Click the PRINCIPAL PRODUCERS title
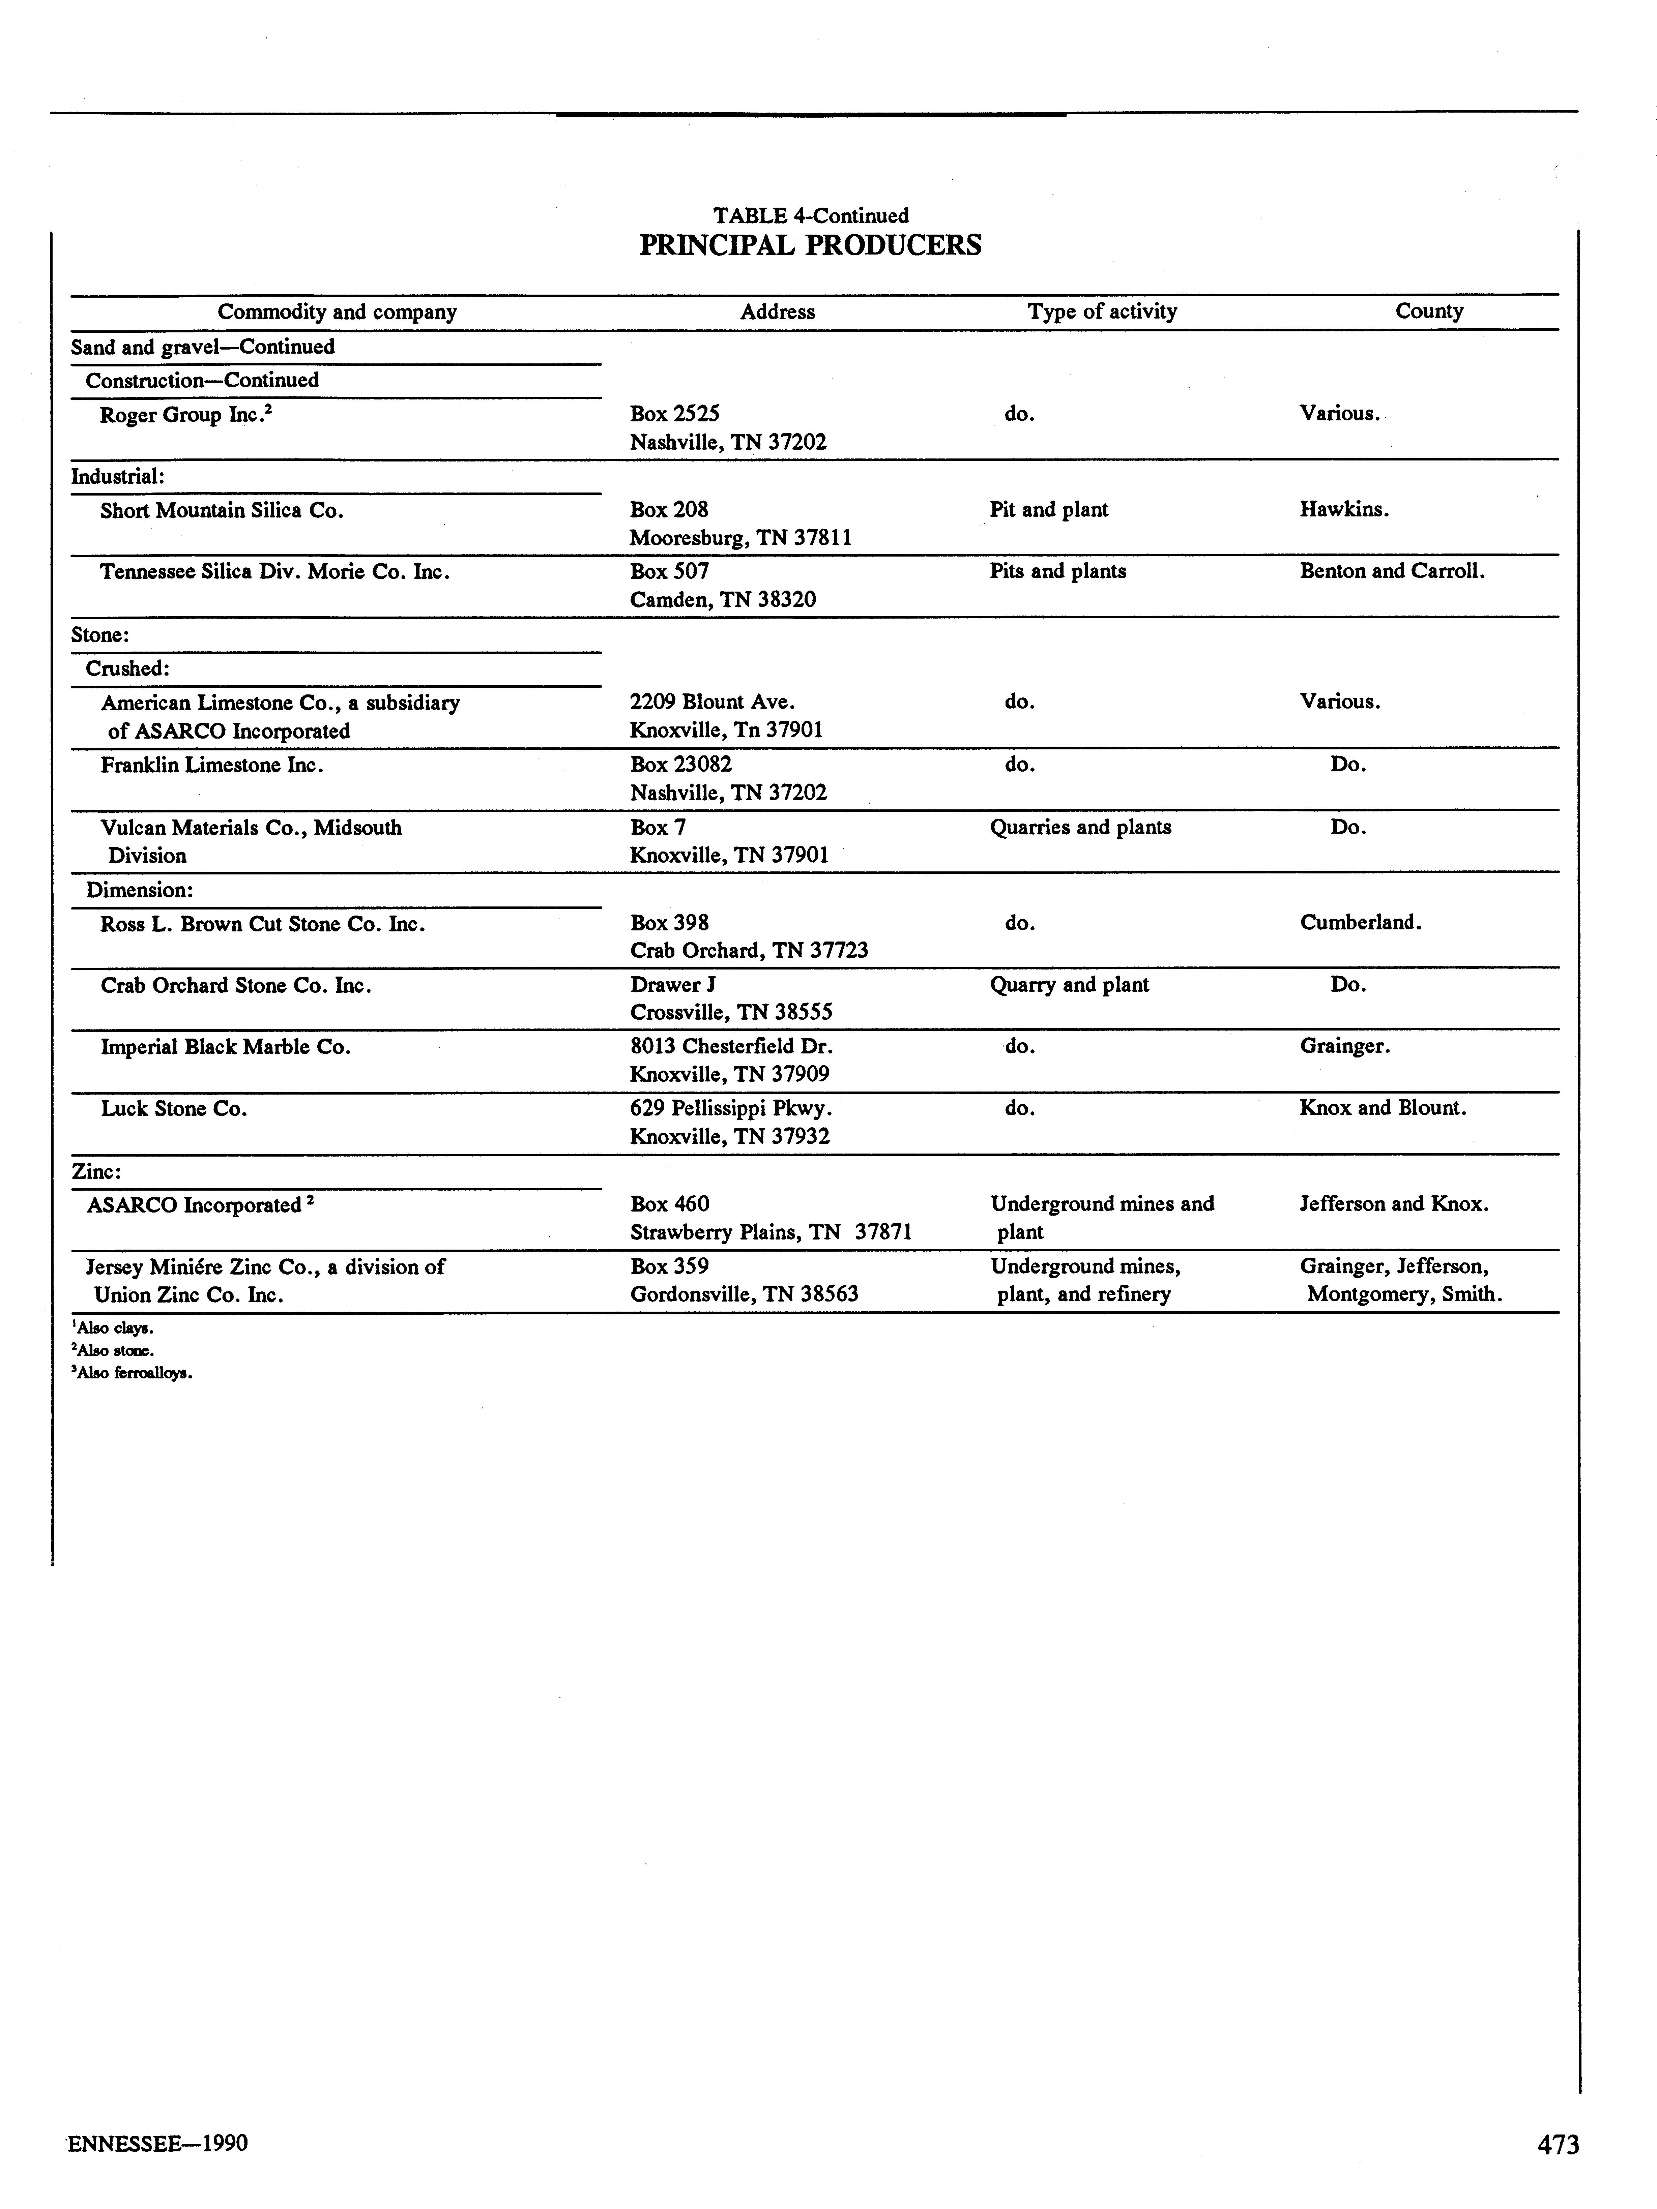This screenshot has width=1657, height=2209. click(x=810, y=246)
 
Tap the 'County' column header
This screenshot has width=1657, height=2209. click(x=1428, y=310)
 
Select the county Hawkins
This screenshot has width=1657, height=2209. click(x=1343, y=509)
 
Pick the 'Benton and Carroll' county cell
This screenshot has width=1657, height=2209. click(x=1391, y=571)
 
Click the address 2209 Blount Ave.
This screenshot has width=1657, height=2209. click(x=711, y=702)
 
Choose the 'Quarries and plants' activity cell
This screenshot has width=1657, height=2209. click(x=1080, y=827)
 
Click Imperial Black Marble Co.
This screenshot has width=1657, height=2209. click(x=226, y=1047)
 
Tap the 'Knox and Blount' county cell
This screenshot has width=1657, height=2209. click(x=1382, y=1107)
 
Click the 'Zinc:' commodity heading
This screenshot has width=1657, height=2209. click(x=96, y=1171)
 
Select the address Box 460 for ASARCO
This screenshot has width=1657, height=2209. click(x=669, y=1204)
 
